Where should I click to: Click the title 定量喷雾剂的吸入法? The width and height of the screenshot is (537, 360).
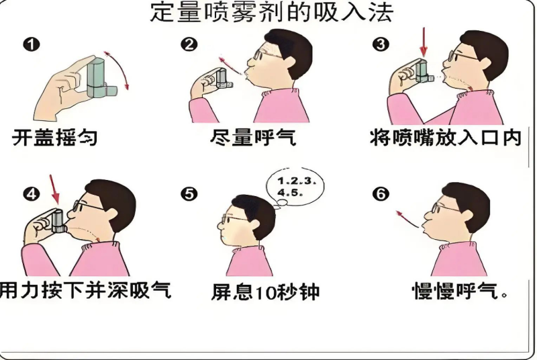point(272,13)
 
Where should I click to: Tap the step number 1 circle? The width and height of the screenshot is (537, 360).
point(32,44)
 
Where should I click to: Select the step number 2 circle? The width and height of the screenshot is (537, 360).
point(189,44)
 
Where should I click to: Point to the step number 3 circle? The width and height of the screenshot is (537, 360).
point(381,44)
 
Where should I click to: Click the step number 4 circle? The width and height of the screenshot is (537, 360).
point(32,195)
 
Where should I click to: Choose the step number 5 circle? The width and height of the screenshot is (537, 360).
point(189,194)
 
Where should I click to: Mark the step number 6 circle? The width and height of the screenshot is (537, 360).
point(381,194)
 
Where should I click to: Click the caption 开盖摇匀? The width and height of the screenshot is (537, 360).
point(55,138)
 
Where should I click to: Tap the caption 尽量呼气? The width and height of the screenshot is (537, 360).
point(253,138)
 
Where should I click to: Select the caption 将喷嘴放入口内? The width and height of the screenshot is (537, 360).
point(446,138)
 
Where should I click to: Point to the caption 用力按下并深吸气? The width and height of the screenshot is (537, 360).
point(85,290)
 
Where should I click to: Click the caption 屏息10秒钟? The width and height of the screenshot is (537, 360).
point(265,292)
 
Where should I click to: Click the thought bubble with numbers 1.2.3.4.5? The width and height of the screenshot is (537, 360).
point(295,187)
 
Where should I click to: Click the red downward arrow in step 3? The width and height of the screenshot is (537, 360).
point(424,42)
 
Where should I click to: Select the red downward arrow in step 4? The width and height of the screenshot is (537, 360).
point(55,190)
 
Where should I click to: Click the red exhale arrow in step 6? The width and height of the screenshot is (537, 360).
point(407,219)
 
